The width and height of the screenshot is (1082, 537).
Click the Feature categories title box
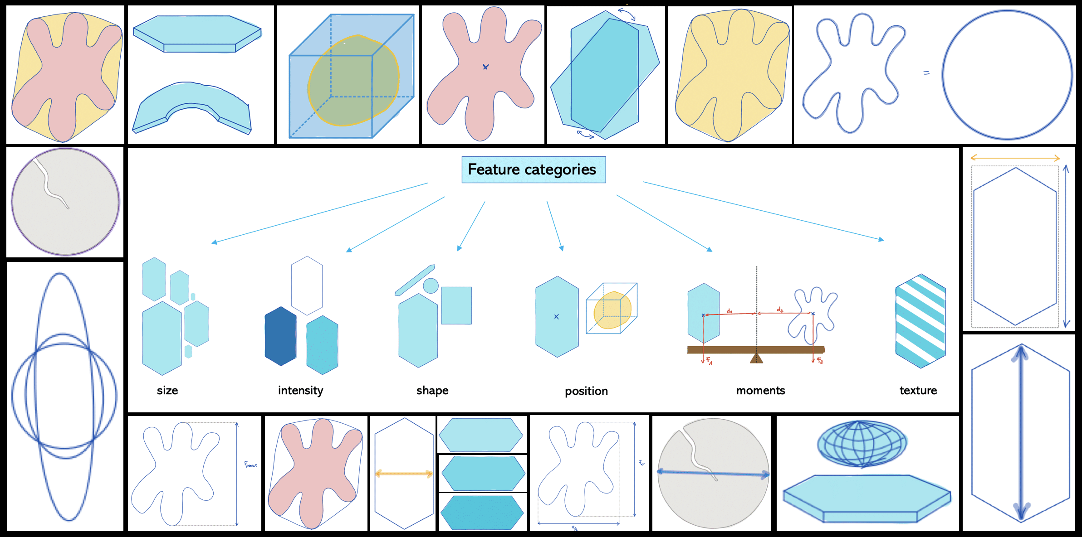534,170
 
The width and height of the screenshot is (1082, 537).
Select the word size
167,391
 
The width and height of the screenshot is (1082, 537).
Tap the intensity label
300,391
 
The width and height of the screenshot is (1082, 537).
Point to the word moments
760,391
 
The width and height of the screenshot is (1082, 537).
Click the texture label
918,391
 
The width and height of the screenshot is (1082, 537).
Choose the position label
586,391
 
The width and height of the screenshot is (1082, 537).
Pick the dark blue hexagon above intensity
280,336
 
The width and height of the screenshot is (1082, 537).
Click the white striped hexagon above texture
920,321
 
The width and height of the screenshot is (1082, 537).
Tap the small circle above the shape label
431,285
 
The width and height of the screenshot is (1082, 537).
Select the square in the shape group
456,305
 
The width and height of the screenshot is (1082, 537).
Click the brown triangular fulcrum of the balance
756,358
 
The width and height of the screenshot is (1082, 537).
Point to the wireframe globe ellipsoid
862,444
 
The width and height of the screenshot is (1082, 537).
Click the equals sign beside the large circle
926,73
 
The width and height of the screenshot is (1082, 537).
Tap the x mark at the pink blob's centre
485,67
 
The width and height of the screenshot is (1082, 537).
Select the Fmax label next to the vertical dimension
250,464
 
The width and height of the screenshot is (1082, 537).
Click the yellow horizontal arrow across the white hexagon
404,474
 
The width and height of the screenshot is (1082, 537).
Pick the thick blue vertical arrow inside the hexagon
1021,433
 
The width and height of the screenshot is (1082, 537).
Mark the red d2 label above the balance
780,310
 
